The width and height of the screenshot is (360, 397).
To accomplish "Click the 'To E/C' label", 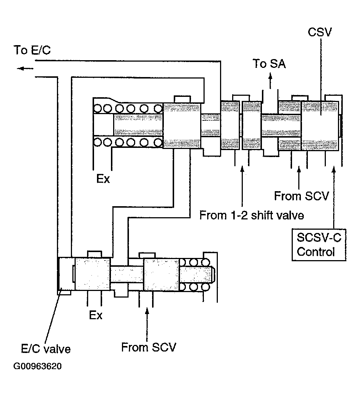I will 32,50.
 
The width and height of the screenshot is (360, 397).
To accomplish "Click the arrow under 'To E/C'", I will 25,68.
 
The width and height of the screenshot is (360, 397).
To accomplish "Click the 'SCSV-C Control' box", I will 319,244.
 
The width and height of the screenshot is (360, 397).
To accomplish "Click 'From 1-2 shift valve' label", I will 252,215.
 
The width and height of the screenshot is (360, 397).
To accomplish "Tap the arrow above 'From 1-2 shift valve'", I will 242,185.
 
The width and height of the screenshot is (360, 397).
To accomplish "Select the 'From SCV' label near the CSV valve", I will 301,196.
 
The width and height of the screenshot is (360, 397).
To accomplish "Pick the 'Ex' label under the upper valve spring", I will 103,180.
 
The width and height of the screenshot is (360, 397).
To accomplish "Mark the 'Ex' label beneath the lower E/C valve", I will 96,315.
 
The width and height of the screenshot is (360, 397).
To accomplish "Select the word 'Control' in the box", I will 316,252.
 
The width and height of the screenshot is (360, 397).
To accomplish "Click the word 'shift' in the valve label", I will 264,215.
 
